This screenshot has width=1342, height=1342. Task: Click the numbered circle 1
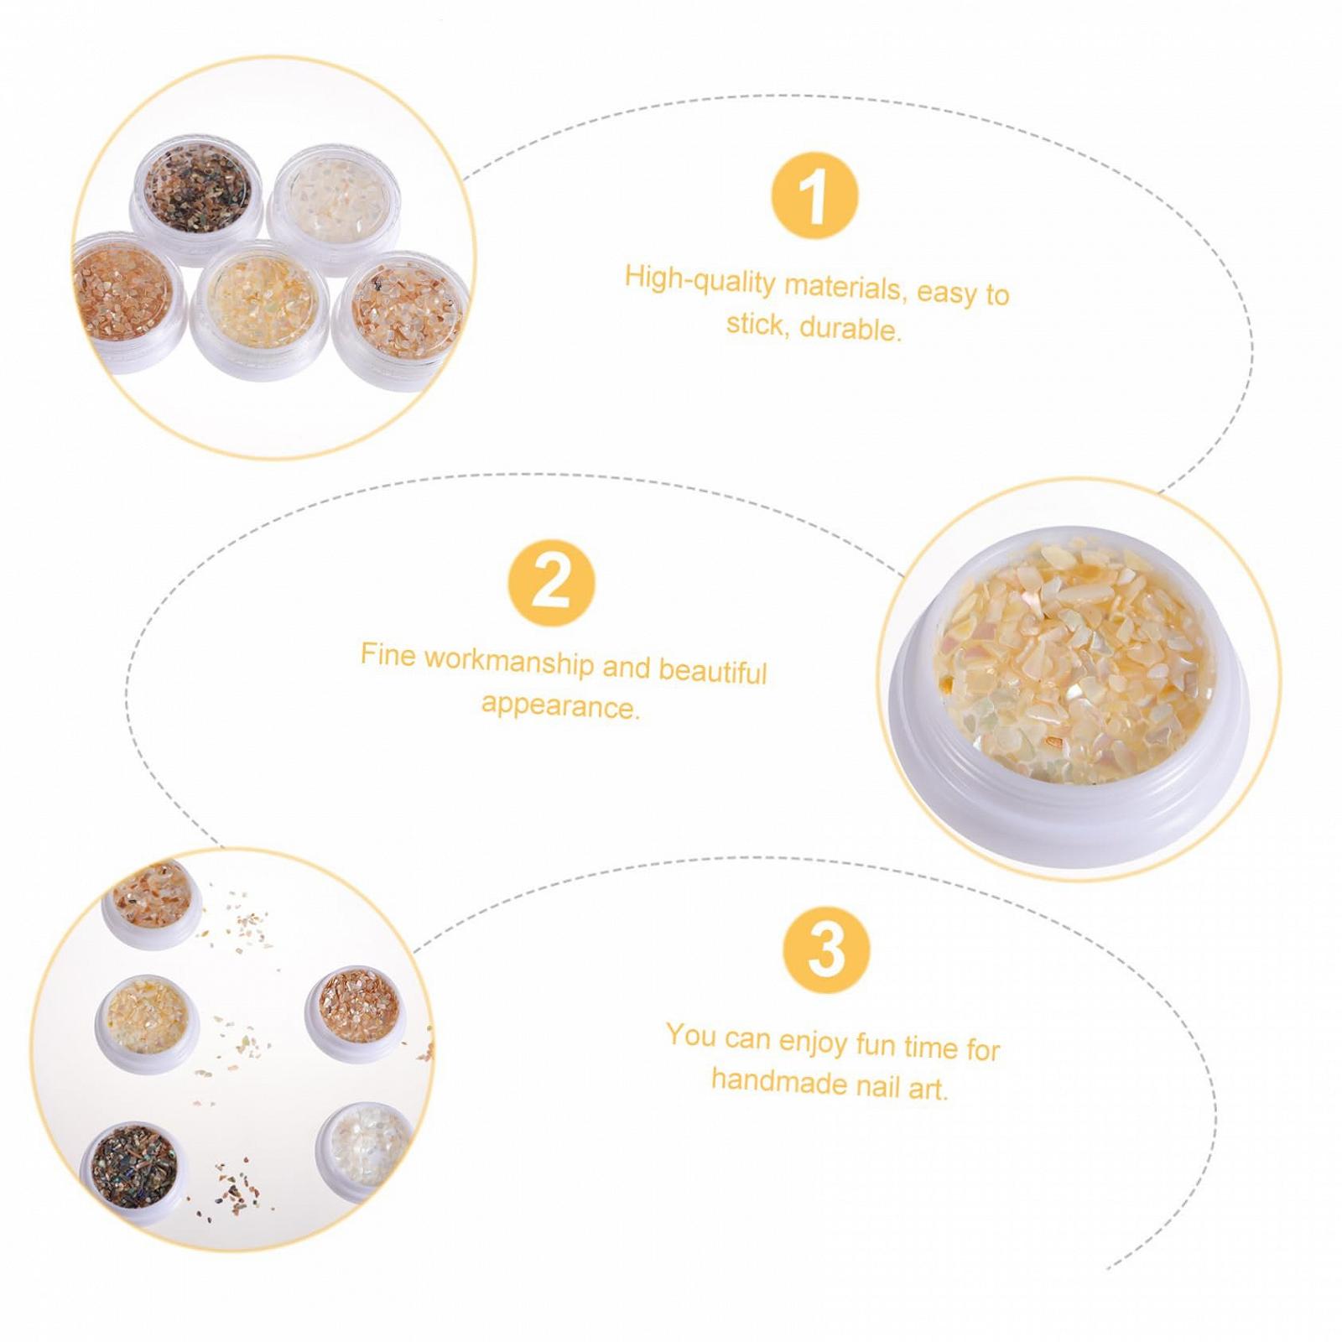click(x=814, y=195)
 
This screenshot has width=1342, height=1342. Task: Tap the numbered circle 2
click(x=551, y=584)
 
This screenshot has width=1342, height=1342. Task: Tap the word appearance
click(x=560, y=706)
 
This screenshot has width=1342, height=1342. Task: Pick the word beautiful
click(x=712, y=671)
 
